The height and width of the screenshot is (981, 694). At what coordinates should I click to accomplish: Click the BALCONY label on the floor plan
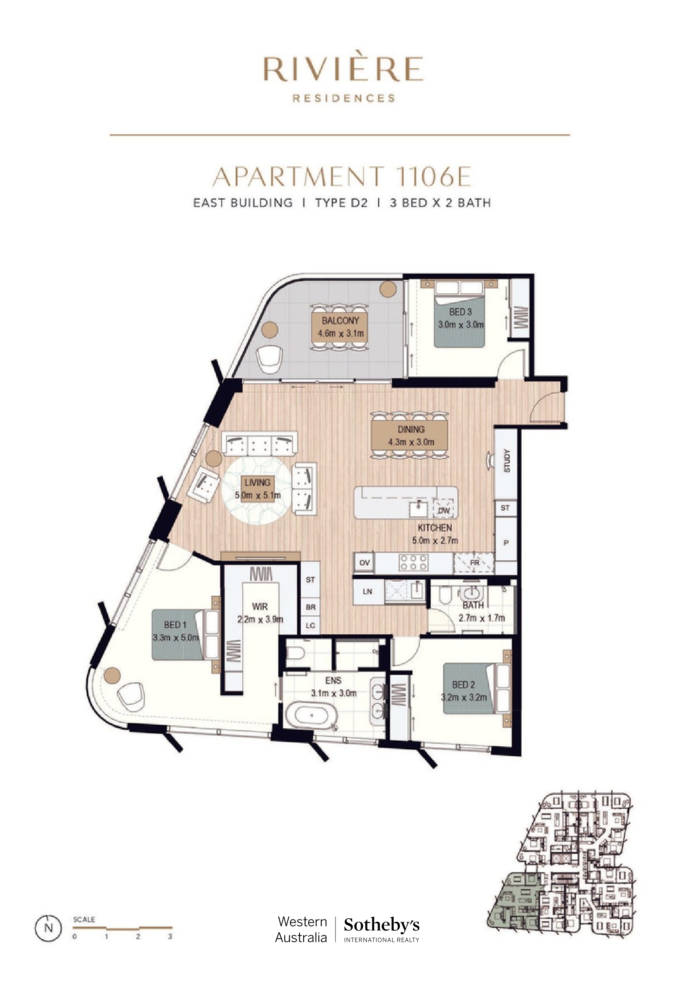pos(341,321)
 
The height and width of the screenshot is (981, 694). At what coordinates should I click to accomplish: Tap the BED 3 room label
pos(460,312)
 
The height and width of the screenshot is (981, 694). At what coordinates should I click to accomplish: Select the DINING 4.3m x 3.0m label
pos(411,435)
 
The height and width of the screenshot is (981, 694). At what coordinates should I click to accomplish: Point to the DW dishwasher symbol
pos(444,510)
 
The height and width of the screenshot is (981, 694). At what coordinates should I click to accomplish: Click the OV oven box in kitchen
pos(365,563)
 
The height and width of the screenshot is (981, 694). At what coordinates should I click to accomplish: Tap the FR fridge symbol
pos(475,563)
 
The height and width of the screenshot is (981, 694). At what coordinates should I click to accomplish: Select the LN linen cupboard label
pos(367,592)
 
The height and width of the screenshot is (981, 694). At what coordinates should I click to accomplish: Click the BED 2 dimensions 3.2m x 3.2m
pos(464,698)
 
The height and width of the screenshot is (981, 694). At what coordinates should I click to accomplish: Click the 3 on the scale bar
pos(170,937)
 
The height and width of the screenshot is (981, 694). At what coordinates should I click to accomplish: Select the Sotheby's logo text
pos(382,925)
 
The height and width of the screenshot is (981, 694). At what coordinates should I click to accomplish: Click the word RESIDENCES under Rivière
pos(344,98)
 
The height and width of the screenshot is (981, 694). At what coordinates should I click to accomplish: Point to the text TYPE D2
pos(341,203)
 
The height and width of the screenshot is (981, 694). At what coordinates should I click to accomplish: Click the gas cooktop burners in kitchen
pos(412,562)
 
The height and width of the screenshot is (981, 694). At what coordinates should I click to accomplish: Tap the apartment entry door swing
pos(539,409)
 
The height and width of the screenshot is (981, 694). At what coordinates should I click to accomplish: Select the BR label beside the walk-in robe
pos(311,607)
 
